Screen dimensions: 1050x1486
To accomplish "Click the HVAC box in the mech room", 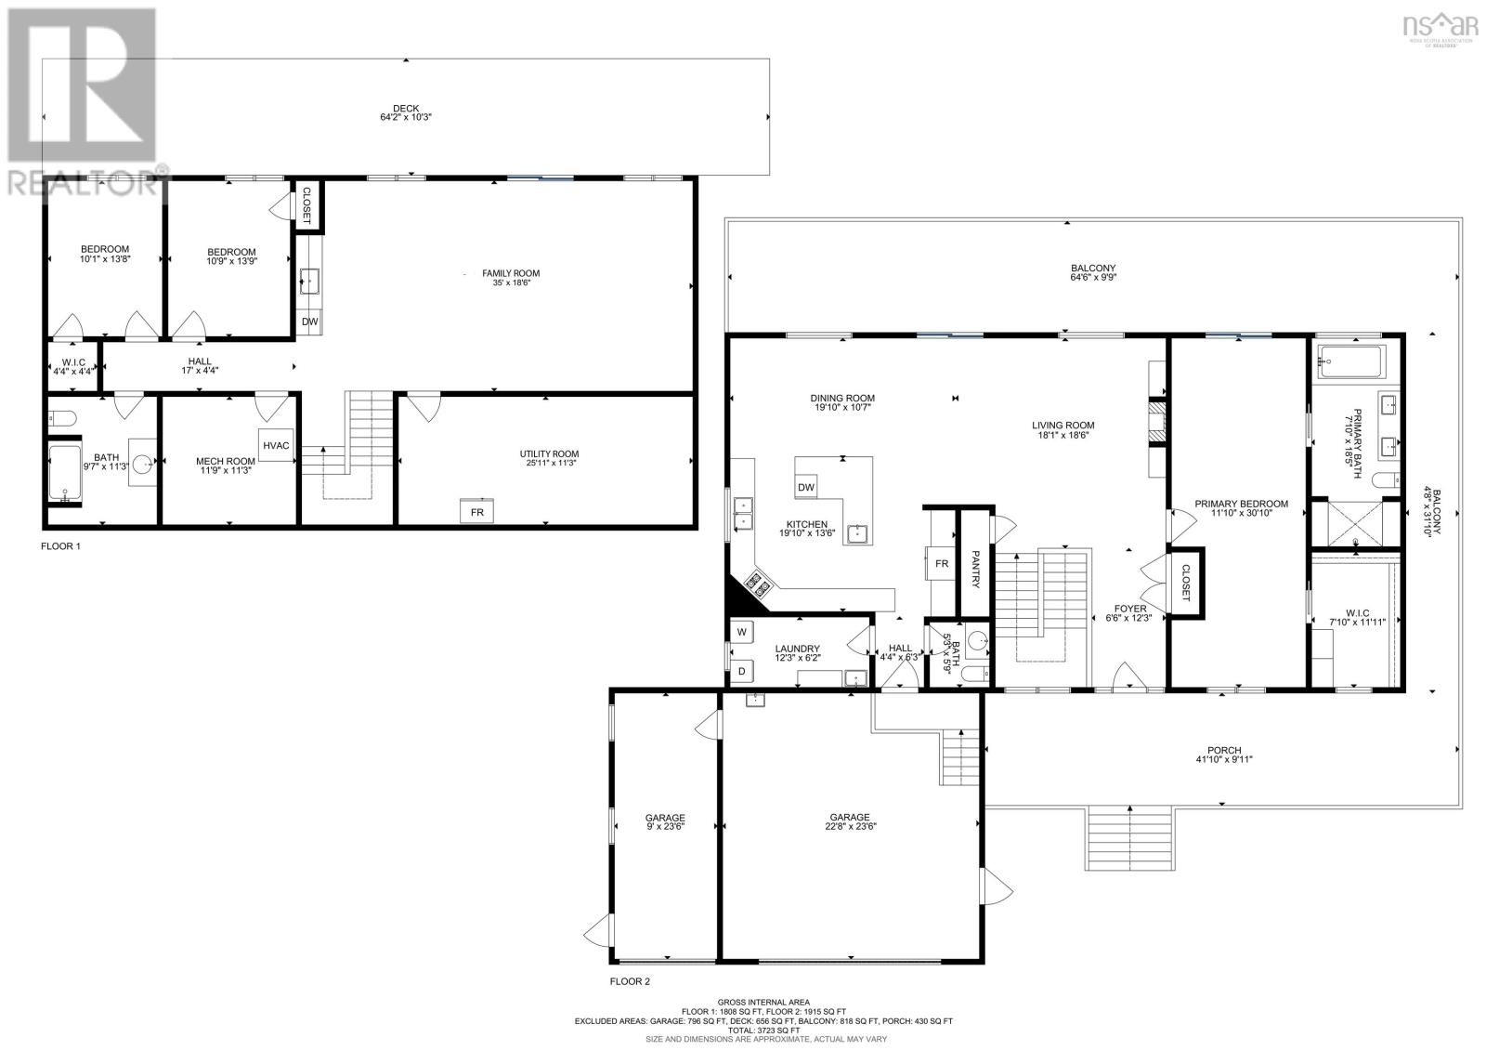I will [276, 446].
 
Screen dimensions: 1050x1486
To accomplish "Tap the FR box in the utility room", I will [477, 512].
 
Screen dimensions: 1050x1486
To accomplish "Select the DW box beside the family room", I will [310, 322].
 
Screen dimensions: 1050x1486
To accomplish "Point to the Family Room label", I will [510, 273].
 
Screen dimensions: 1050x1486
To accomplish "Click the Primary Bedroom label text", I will [1241, 505].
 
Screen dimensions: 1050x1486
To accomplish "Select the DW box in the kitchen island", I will [806, 487].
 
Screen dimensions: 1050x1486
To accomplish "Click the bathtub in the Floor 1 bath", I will [65, 474].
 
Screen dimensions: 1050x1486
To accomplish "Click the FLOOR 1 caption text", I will [60, 546].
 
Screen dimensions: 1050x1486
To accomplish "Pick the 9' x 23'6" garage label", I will [665, 824].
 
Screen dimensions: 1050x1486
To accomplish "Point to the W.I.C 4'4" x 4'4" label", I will [73, 366].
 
